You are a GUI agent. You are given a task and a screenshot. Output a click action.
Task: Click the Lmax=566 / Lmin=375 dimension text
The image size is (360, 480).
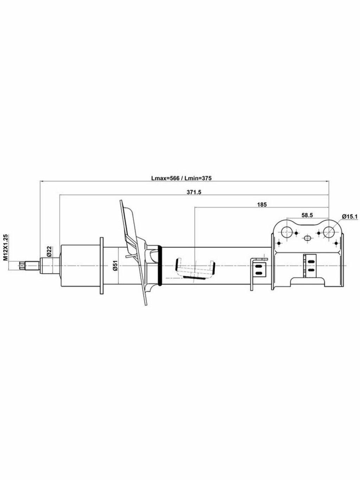(182, 178)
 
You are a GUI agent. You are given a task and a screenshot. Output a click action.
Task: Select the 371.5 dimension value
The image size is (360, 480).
(194, 192)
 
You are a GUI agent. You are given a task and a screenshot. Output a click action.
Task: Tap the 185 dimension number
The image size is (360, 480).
(262, 205)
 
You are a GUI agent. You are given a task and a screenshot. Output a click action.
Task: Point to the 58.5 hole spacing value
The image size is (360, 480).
(307, 215)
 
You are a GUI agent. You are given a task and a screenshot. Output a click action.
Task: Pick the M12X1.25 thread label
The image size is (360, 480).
(6, 247)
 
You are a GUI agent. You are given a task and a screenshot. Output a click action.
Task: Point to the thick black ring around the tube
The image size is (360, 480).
(160, 266)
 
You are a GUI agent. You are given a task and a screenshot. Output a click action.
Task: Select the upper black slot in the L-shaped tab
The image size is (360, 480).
(259, 266)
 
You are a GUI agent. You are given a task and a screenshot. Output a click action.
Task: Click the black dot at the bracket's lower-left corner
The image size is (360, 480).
(279, 243)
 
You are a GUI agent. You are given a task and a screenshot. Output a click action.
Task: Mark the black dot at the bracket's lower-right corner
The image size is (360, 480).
(336, 243)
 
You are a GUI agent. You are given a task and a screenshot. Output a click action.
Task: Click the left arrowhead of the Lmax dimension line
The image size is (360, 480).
(42, 181)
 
